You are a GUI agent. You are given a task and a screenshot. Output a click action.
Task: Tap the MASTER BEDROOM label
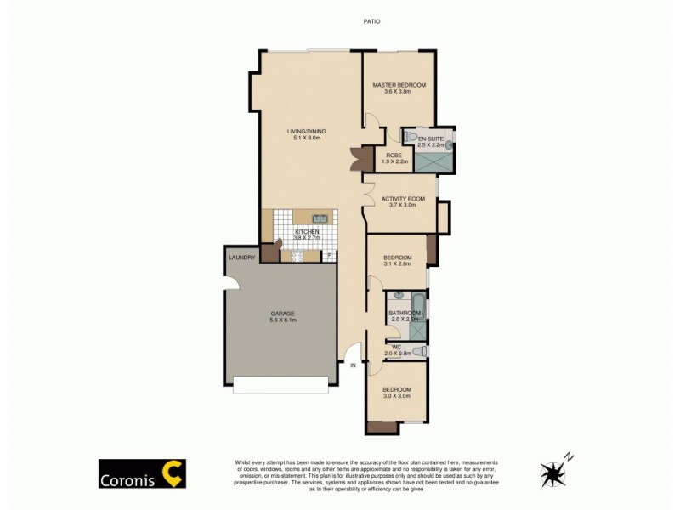coord(398,85)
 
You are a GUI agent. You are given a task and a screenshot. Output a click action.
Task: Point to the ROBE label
coord(394,155)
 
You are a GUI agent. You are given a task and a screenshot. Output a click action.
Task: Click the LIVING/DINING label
coord(306,131)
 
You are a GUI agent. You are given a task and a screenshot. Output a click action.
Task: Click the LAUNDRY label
coord(241,258)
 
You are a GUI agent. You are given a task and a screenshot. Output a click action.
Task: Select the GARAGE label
coord(282,314)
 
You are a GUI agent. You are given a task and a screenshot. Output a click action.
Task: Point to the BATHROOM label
coord(405,313)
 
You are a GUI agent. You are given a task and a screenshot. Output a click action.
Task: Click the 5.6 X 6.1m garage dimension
coord(282,320)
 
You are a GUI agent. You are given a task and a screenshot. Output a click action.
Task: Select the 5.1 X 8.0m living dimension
coord(306,138)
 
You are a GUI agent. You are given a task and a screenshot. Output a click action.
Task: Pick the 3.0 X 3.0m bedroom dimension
coord(397,396)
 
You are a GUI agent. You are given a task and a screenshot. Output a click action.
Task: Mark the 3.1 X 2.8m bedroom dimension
coord(397,264)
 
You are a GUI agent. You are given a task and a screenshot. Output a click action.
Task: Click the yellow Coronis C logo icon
coord(173,473)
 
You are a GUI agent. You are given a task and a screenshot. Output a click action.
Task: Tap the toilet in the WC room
coord(419,351)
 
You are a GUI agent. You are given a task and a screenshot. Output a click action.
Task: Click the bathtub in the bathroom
coord(416,302)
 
